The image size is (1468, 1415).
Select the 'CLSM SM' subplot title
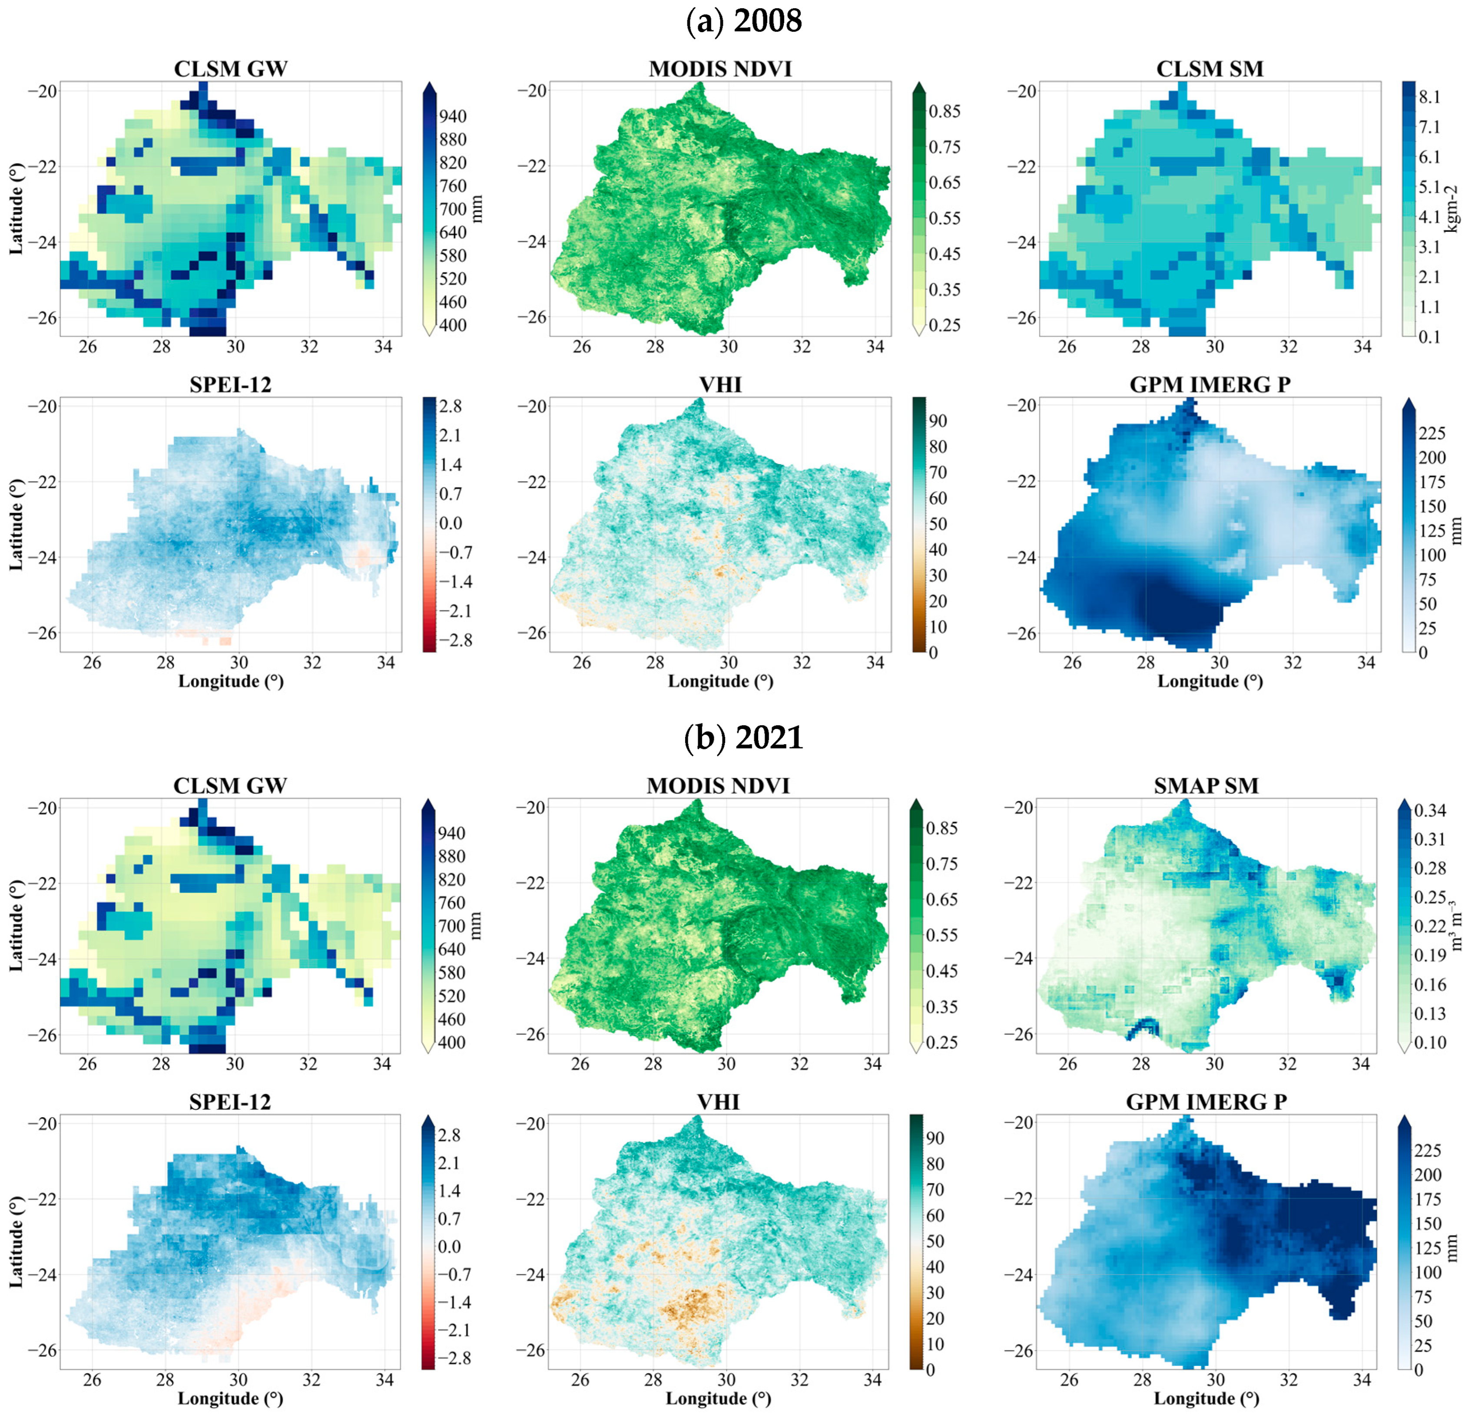[1209, 69]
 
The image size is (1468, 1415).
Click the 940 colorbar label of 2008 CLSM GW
[452, 116]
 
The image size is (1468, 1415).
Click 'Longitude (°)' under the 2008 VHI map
[720, 681]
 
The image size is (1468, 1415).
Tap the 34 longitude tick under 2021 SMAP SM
[1360, 1064]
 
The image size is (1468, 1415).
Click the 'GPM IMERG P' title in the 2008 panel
[1209, 385]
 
